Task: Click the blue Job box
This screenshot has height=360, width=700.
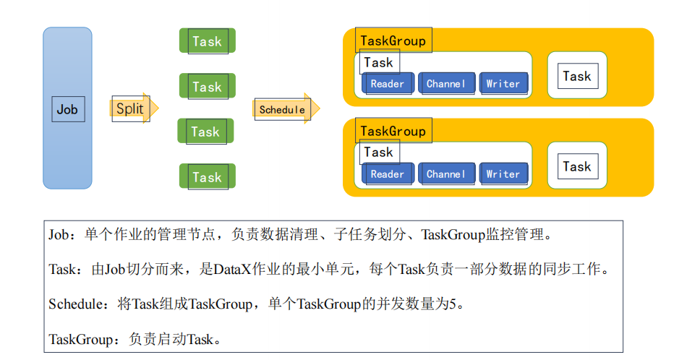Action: [x=67, y=108]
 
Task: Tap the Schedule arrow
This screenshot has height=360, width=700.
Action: [x=285, y=109]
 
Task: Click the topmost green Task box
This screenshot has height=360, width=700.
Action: [x=207, y=41]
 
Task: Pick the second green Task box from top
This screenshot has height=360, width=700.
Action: [x=207, y=87]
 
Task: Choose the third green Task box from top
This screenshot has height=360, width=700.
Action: [x=205, y=132]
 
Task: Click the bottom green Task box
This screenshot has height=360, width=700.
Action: [x=207, y=177]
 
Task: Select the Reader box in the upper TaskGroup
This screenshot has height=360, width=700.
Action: [x=388, y=84]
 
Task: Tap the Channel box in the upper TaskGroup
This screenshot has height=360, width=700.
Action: [x=446, y=84]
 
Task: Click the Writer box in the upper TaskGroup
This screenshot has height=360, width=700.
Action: [x=503, y=84]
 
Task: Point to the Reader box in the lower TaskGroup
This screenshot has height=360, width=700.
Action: [x=388, y=174]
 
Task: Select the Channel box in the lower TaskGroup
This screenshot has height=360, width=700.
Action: [x=446, y=174]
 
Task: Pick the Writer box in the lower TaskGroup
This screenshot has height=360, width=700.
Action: [x=503, y=174]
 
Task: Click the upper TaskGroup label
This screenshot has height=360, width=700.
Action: [x=393, y=40]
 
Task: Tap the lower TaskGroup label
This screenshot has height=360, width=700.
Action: [x=393, y=131]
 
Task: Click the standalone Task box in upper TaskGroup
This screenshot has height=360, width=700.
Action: [x=577, y=76]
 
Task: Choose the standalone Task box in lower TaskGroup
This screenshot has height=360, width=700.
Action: [x=577, y=166]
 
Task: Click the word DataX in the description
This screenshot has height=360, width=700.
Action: [x=232, y=270]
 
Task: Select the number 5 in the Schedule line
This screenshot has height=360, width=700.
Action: [x=453, y=304]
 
